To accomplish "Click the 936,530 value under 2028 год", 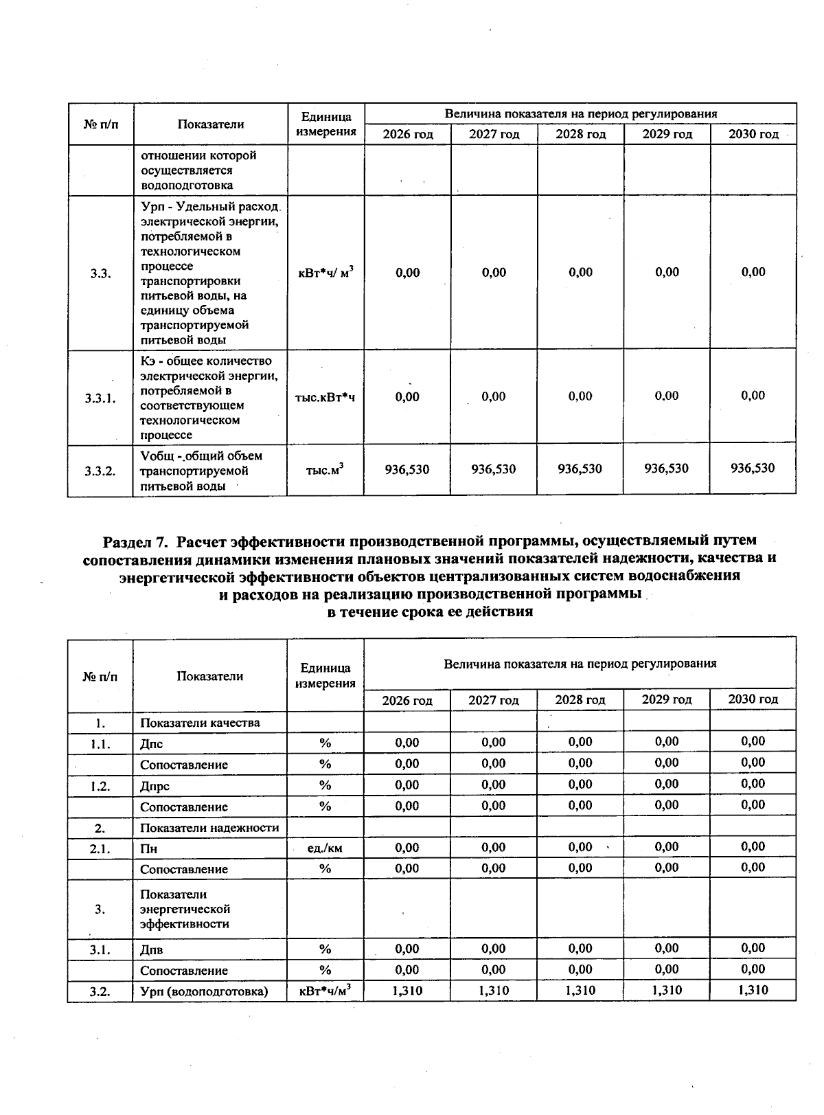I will point(580,469).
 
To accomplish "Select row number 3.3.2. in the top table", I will point(100,471).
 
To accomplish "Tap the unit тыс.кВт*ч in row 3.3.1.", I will point(325,397).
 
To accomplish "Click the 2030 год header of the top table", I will point(753,134).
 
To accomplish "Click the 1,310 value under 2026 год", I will point(407,990).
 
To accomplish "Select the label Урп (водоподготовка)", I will point(204,991).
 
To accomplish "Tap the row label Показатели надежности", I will point(209,828).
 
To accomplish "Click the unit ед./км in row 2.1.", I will point(325,848).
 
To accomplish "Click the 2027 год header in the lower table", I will point(493,700).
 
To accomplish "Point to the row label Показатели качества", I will point(200,723).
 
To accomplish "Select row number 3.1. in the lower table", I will point(100,950).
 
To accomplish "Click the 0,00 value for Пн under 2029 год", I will point(667,847).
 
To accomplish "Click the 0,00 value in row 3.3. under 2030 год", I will point(753,272).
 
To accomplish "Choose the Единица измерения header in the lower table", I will point(325,675).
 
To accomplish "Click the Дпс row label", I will point(152,744).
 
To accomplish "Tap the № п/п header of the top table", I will point(100,124).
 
